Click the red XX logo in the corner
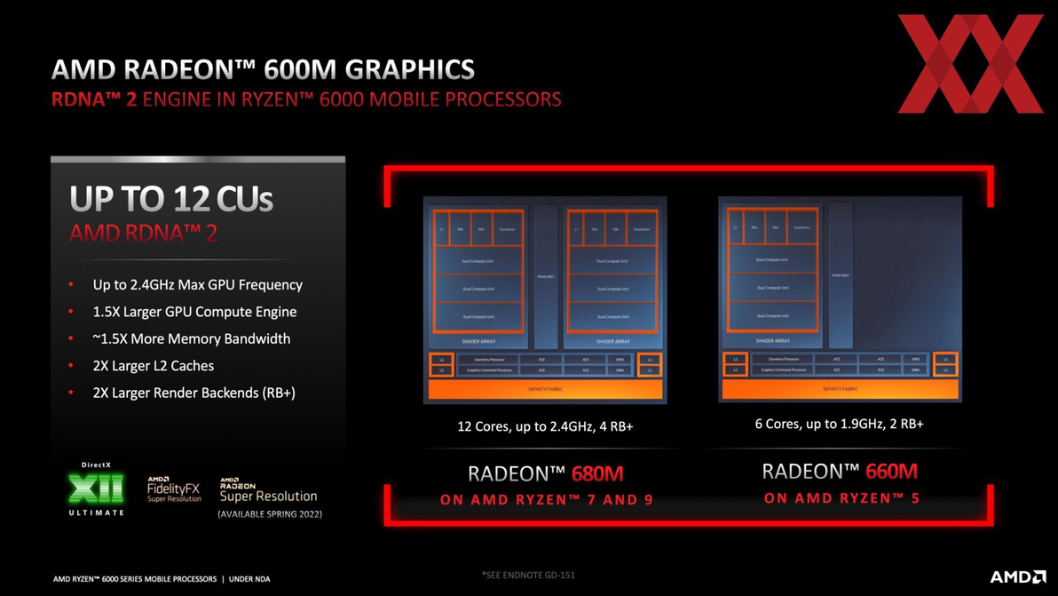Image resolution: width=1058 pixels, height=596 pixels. click(x=969, y=64)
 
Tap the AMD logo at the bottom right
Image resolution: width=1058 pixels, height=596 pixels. click(x=1018, y=577)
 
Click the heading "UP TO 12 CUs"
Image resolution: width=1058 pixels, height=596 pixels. click(x=171, y=199)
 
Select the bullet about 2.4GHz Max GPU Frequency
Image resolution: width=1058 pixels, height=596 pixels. click(x=197, y=285)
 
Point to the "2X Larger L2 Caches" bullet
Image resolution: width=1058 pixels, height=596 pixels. click(x=153, y=366)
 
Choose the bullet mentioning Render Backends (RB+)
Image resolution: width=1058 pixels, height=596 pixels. click(x=193, y=393)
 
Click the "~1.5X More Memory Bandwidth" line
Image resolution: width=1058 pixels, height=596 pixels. click(x=191, y=339)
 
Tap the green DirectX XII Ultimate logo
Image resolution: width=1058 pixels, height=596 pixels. click(x=97, y=489)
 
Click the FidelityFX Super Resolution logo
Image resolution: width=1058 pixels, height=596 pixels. click(x=174, y=489)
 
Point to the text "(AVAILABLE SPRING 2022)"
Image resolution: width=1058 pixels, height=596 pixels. click(x=270, y=514)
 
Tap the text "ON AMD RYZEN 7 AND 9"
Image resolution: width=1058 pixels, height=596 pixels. click(x=546, y=500)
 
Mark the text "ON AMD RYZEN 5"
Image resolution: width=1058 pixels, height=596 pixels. click(x=841, y=498)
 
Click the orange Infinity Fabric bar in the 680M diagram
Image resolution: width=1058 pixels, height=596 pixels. click(x=545, y=389)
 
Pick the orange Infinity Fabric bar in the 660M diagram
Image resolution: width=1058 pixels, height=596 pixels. click(x=840, y=389)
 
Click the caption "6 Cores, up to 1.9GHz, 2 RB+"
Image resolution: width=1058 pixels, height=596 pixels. click(x=839, y=425)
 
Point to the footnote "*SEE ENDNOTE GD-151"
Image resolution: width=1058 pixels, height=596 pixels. click(x=528, y=575)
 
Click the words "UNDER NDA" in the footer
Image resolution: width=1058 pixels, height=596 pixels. click(x=249, y=579)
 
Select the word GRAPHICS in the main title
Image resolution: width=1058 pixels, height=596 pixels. click(x=409, y=69)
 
